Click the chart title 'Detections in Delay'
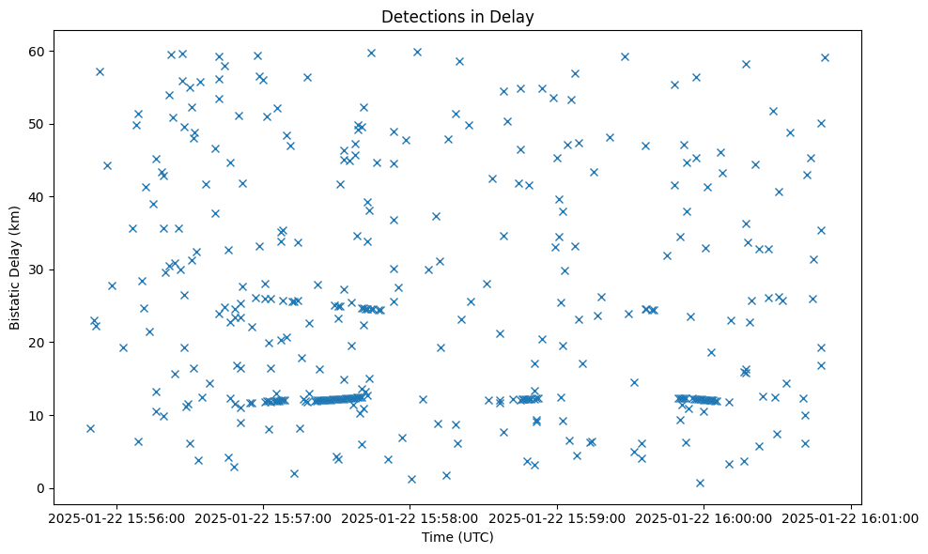[457, 16]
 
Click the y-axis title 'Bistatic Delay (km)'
[15, 268]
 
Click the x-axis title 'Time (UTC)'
[457, 537]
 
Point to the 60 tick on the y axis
[39, 51]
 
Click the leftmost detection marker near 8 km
[90, 428]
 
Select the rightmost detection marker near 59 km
[825, 57]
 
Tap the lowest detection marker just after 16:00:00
[700, 483]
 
